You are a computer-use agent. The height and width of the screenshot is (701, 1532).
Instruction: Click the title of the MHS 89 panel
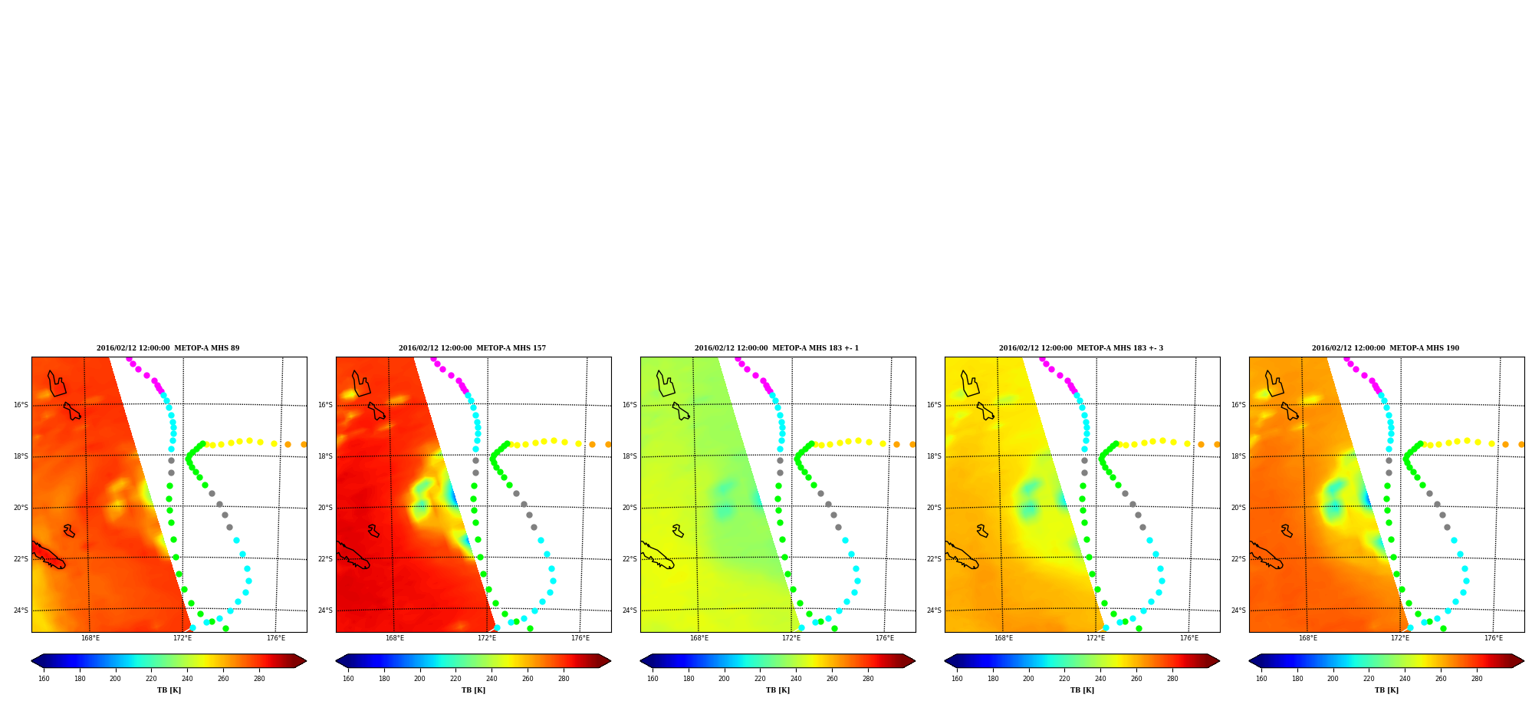tap(168, 348)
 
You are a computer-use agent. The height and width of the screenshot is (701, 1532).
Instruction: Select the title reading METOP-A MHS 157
tap(472, 348)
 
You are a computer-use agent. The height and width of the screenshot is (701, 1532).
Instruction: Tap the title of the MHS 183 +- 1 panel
tap(777, 348)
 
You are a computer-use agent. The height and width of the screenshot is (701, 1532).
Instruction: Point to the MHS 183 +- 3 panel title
tap(1081, 348)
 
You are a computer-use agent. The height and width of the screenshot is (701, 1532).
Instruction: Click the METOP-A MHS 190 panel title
tap(1386, 348)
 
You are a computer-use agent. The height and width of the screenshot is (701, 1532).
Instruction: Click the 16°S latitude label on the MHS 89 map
tap(21, 405)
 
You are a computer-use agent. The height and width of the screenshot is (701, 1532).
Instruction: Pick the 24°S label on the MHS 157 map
tap(325, 610)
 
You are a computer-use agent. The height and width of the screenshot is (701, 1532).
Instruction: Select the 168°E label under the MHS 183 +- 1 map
tap(699, 638)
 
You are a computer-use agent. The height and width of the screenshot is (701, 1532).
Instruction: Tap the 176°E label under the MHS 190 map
tap(1494, 638)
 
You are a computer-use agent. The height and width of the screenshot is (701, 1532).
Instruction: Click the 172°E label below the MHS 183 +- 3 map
tap(1096, 638)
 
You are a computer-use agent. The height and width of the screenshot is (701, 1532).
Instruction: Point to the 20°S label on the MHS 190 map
tap(1238, 508)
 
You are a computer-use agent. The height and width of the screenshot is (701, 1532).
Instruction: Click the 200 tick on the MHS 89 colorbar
tap(115, 678)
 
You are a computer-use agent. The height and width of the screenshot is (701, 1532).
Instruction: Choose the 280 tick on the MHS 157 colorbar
tap(564, 678)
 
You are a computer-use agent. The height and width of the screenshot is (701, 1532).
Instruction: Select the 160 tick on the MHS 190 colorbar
tap(1261, 678)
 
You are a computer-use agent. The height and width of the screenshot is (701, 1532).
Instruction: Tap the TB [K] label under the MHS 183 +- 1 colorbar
tap(778, 690)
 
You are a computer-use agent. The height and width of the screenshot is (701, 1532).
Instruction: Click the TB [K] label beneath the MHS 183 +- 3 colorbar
tap(1082, 690)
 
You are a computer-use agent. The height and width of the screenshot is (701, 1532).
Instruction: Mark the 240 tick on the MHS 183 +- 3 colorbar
tap(1100, 678)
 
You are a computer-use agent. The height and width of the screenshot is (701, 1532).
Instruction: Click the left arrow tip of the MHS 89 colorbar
tap(31, 661)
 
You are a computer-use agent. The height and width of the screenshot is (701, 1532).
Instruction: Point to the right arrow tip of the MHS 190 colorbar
tap(1524, 661)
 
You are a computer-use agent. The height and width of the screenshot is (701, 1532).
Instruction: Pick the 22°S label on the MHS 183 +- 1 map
tap(630, 559)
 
